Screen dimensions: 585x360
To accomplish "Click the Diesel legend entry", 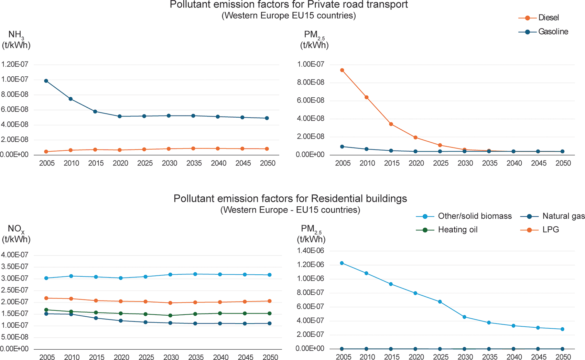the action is click(539, 18).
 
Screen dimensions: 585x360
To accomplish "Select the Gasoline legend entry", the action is click(543, 32).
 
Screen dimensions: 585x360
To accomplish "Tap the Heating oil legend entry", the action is click(447, 230).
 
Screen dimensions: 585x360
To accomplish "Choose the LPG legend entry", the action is click(540, 230).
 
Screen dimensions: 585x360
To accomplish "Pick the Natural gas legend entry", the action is click(552, 216).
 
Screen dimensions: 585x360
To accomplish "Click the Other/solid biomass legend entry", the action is click(464, 216).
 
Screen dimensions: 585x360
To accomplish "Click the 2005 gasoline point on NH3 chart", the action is click(46, 81).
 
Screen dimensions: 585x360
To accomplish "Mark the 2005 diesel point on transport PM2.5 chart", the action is click(342, 70).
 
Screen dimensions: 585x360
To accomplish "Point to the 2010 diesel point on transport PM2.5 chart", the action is click(367, 97).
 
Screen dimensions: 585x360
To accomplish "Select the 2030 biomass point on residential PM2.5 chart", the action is click(465, 317).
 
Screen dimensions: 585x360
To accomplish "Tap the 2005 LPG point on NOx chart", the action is click(46, 298).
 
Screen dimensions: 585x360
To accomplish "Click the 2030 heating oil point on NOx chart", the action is click(171, 315).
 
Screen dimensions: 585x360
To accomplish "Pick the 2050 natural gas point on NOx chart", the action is click(270, 324).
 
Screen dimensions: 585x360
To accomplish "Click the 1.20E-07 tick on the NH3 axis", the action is click(14, 65).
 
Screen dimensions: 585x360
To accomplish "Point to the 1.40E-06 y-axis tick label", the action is click(311, 251).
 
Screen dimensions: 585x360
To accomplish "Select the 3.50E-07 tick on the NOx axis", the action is click(14, 266).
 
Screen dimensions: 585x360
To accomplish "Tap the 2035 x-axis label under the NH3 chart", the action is click(194, 163).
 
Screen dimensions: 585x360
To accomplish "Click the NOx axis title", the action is click(16, 234).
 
